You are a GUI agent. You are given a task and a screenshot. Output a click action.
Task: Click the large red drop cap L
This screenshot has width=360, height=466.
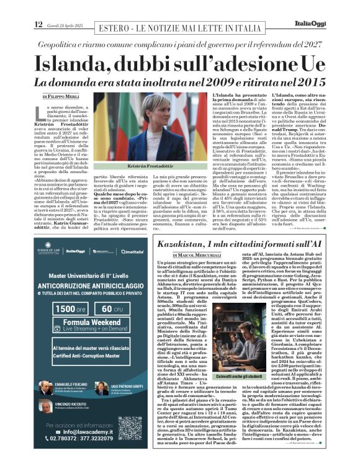pyautogui.click(x=39, y=112)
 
